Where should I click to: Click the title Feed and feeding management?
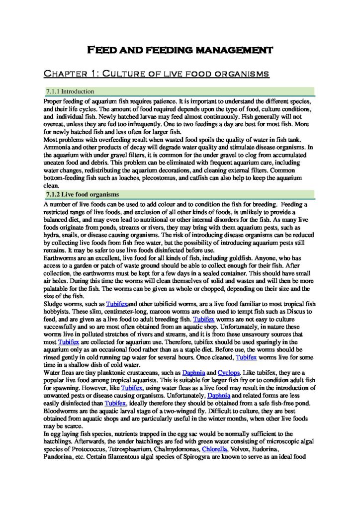click(180, 50)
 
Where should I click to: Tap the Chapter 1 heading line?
click(157, 74)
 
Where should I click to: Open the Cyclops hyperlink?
click(229, 372)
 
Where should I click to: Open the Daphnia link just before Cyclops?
click(193, 372)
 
